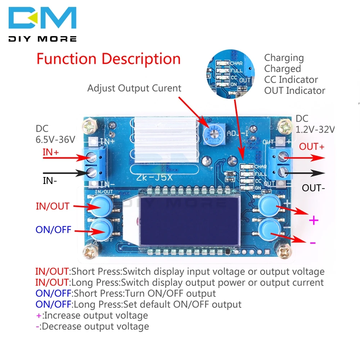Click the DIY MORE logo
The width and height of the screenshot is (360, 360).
point(42,24)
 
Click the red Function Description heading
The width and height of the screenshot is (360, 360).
point(109,59)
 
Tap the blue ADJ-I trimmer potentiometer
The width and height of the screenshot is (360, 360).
point(214,134)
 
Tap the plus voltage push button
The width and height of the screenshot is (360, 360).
point(269,204)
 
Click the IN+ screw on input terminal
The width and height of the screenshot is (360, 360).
point(91,157)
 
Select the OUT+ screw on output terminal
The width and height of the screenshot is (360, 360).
point(283,157)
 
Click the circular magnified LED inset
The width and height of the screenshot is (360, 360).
point(230,74)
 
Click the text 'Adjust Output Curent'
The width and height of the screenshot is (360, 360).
point(134,88)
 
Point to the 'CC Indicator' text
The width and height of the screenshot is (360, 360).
point(291,80)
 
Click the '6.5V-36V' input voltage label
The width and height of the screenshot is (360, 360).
point(55,139)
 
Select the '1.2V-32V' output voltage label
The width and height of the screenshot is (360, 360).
point(315,130)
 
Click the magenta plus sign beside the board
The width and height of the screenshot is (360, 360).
point(314,221)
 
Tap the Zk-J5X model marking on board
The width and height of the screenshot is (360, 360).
point(154,177)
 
